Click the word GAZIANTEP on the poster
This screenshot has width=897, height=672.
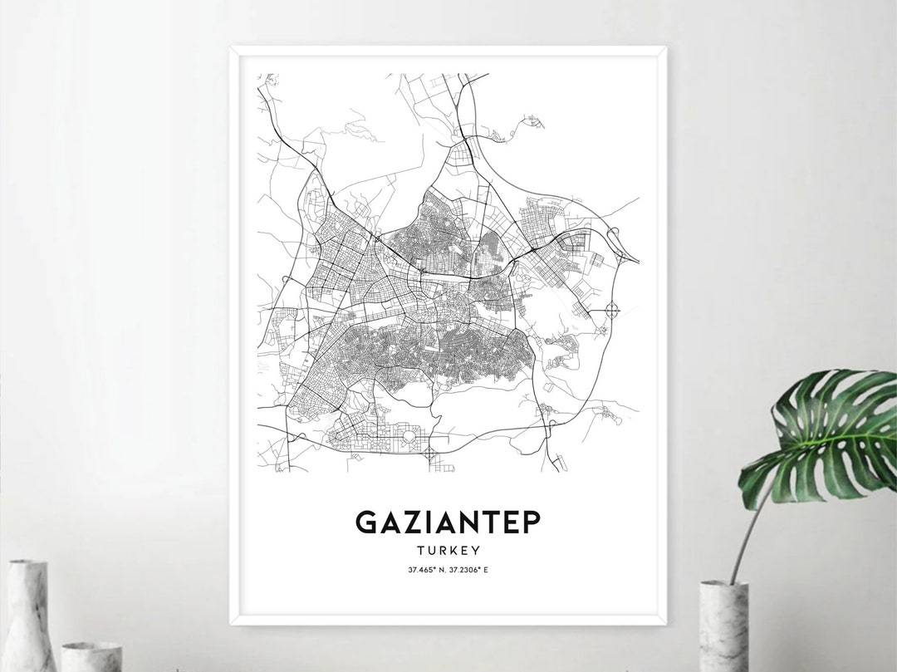click(448, 522)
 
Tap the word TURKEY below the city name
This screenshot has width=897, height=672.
click(448, 550)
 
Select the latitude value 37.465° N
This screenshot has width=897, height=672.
click(424, 569)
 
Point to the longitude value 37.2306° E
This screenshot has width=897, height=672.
click(473, 569)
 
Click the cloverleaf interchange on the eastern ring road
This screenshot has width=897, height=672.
click(613, 311)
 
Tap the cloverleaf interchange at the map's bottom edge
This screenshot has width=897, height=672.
click(429, 454)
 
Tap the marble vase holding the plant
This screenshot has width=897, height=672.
click(724, 625)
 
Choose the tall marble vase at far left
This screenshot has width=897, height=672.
click(30, 615)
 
